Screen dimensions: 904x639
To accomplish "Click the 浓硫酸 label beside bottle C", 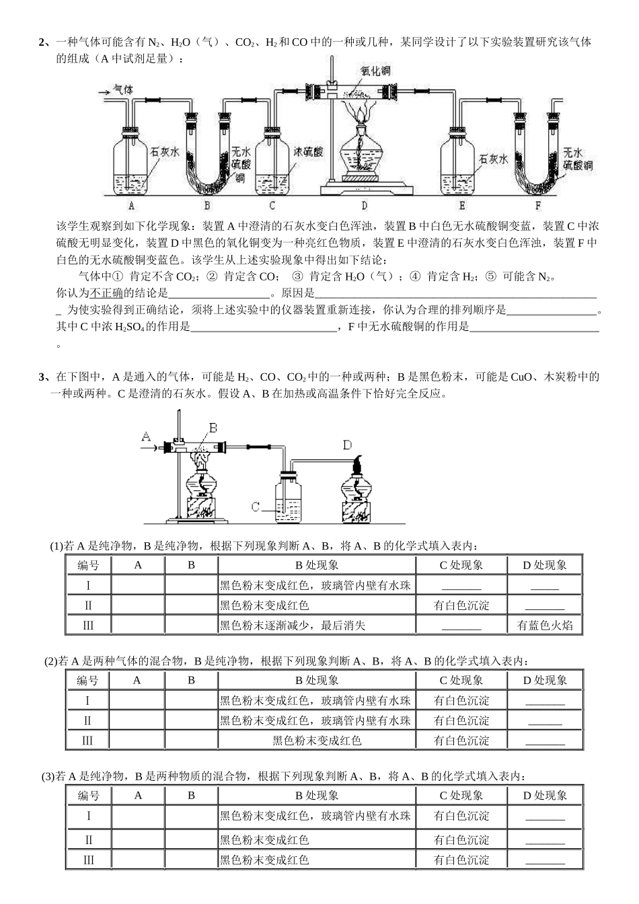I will [x=308, y=151].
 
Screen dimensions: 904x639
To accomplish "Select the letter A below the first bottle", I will [x=131, y=206].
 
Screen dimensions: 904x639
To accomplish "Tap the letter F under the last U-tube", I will [x=537, y=206].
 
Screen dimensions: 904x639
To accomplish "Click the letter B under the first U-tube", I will [x=207, y=206].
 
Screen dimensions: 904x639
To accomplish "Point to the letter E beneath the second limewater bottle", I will [x=462, y=206].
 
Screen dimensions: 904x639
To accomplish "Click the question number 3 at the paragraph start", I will [x=42, y=377].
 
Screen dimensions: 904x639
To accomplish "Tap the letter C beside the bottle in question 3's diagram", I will [x=255, y=506].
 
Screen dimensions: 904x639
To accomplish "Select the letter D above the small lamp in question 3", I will [x=347, y=445].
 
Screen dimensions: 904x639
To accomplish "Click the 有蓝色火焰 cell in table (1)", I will [x=545, y=626].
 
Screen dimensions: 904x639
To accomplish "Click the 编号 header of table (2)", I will [x=87, y=680].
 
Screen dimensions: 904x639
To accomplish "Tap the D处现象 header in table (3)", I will [x=545, y=795].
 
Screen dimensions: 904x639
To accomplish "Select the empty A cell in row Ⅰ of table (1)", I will [x=138, y=585].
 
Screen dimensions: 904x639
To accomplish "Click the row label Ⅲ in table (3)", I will [x=88, y=860].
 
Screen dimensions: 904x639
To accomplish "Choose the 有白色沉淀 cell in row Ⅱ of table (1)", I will [x=461, y=605].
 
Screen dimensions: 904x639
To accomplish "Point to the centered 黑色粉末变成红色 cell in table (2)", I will [x=317, y=741].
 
